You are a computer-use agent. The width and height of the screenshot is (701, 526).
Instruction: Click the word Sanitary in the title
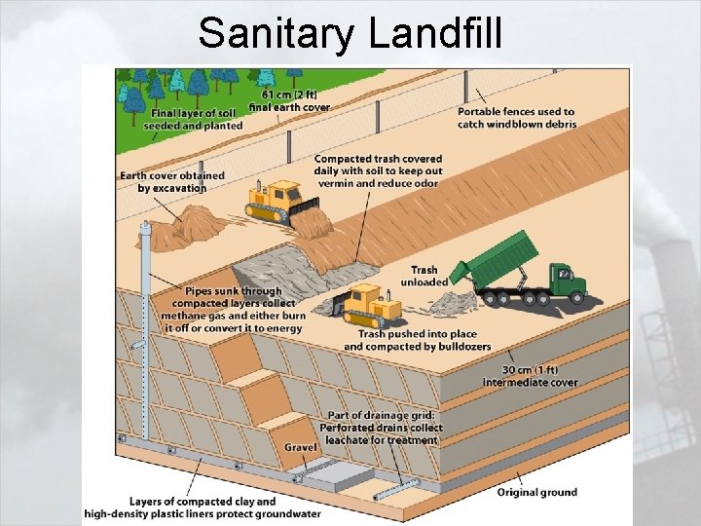coord(277,32)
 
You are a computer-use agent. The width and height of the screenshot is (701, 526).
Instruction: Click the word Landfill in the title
coord(436,32)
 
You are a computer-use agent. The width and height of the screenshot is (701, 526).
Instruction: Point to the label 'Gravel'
coord(301,447)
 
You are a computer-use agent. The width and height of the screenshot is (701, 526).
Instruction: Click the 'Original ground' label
coord(536,492)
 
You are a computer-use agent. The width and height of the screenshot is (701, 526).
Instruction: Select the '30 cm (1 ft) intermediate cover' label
coord(530,376)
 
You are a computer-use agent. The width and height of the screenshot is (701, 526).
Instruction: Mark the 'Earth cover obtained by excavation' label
coord(172,181)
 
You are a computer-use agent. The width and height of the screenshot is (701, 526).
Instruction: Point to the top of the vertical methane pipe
coord(147,228)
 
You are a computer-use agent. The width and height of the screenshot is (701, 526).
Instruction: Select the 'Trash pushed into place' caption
coord(417,340)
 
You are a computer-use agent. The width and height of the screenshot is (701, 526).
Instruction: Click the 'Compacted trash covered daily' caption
coord(378,170)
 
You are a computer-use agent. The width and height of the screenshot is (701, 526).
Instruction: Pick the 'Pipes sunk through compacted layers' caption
coord(234,310)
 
